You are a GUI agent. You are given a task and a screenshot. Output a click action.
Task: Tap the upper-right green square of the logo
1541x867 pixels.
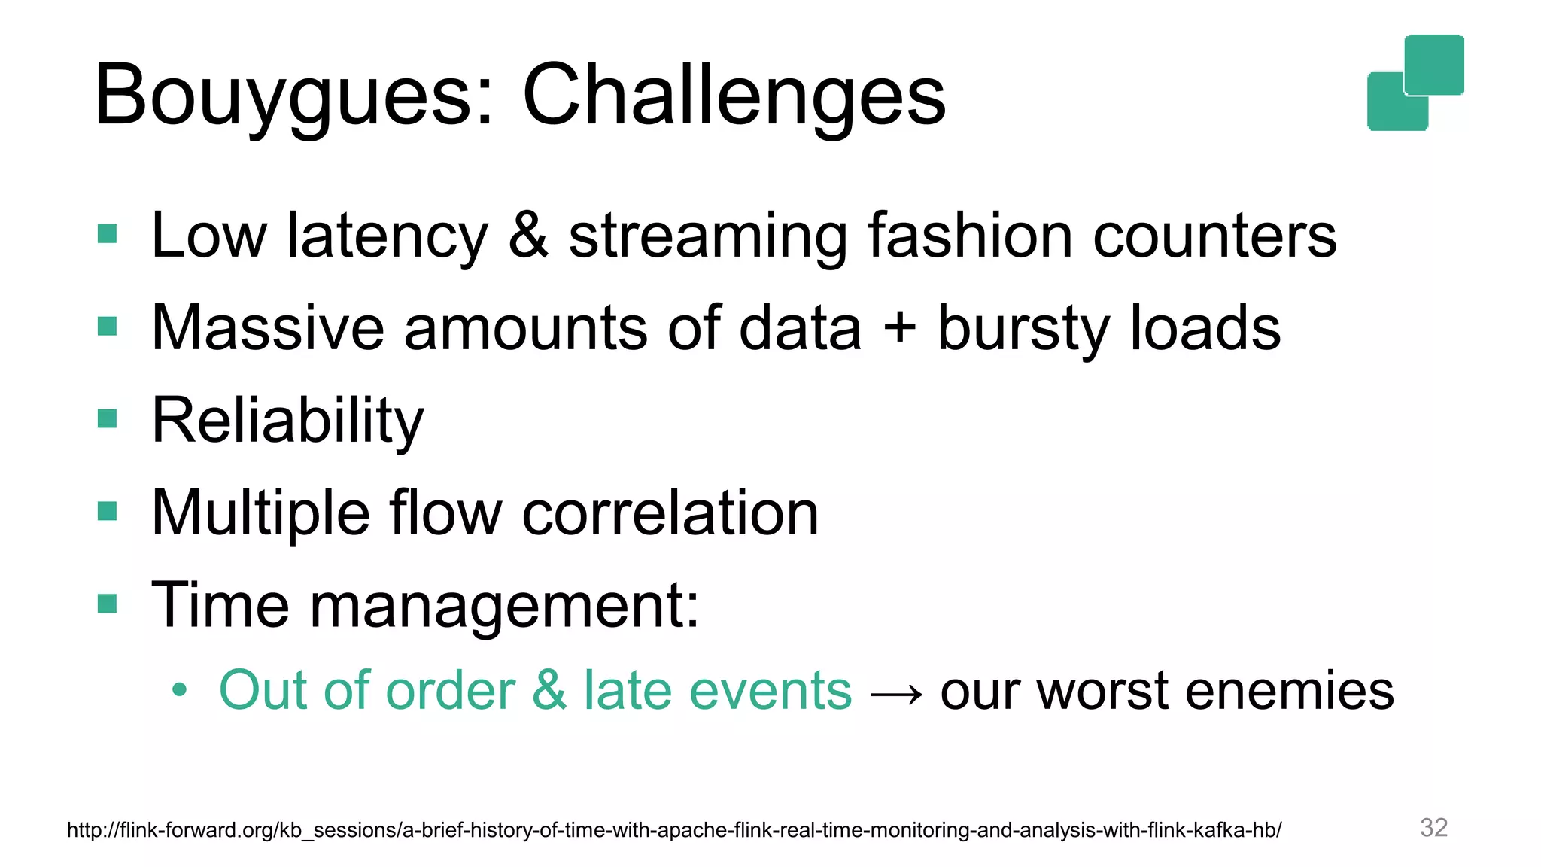(x=1434, y=64)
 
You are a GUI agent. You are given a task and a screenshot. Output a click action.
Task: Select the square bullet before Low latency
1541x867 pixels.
(x=108, y=234)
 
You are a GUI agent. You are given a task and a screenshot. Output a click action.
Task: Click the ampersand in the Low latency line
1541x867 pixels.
(x=528, y=236)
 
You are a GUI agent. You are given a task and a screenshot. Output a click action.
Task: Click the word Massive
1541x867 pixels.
(x=268, y=328)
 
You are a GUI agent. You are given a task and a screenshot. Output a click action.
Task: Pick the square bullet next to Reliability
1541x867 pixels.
(x=108, y=418)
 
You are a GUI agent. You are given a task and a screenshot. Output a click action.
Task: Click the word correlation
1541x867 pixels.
(x=670, y=513)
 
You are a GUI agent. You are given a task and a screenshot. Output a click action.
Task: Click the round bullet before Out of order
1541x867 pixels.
(x=178, y=689)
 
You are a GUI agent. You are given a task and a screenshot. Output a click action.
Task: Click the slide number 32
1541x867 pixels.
(x=1433, y=827)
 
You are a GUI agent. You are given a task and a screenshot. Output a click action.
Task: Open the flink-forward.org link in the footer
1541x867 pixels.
(x=673, y=830)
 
